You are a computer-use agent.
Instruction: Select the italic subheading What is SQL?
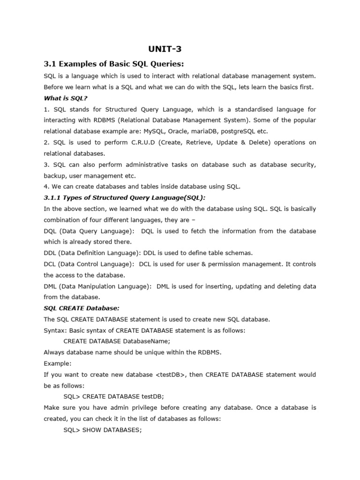[66, 98]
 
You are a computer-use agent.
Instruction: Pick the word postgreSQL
[258, 131]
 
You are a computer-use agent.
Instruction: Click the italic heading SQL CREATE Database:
[82, 308]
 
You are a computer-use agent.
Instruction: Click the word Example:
[58, 363]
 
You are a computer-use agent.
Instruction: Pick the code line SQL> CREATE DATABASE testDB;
[114, 397]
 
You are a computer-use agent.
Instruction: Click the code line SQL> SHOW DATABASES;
[102, 429]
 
